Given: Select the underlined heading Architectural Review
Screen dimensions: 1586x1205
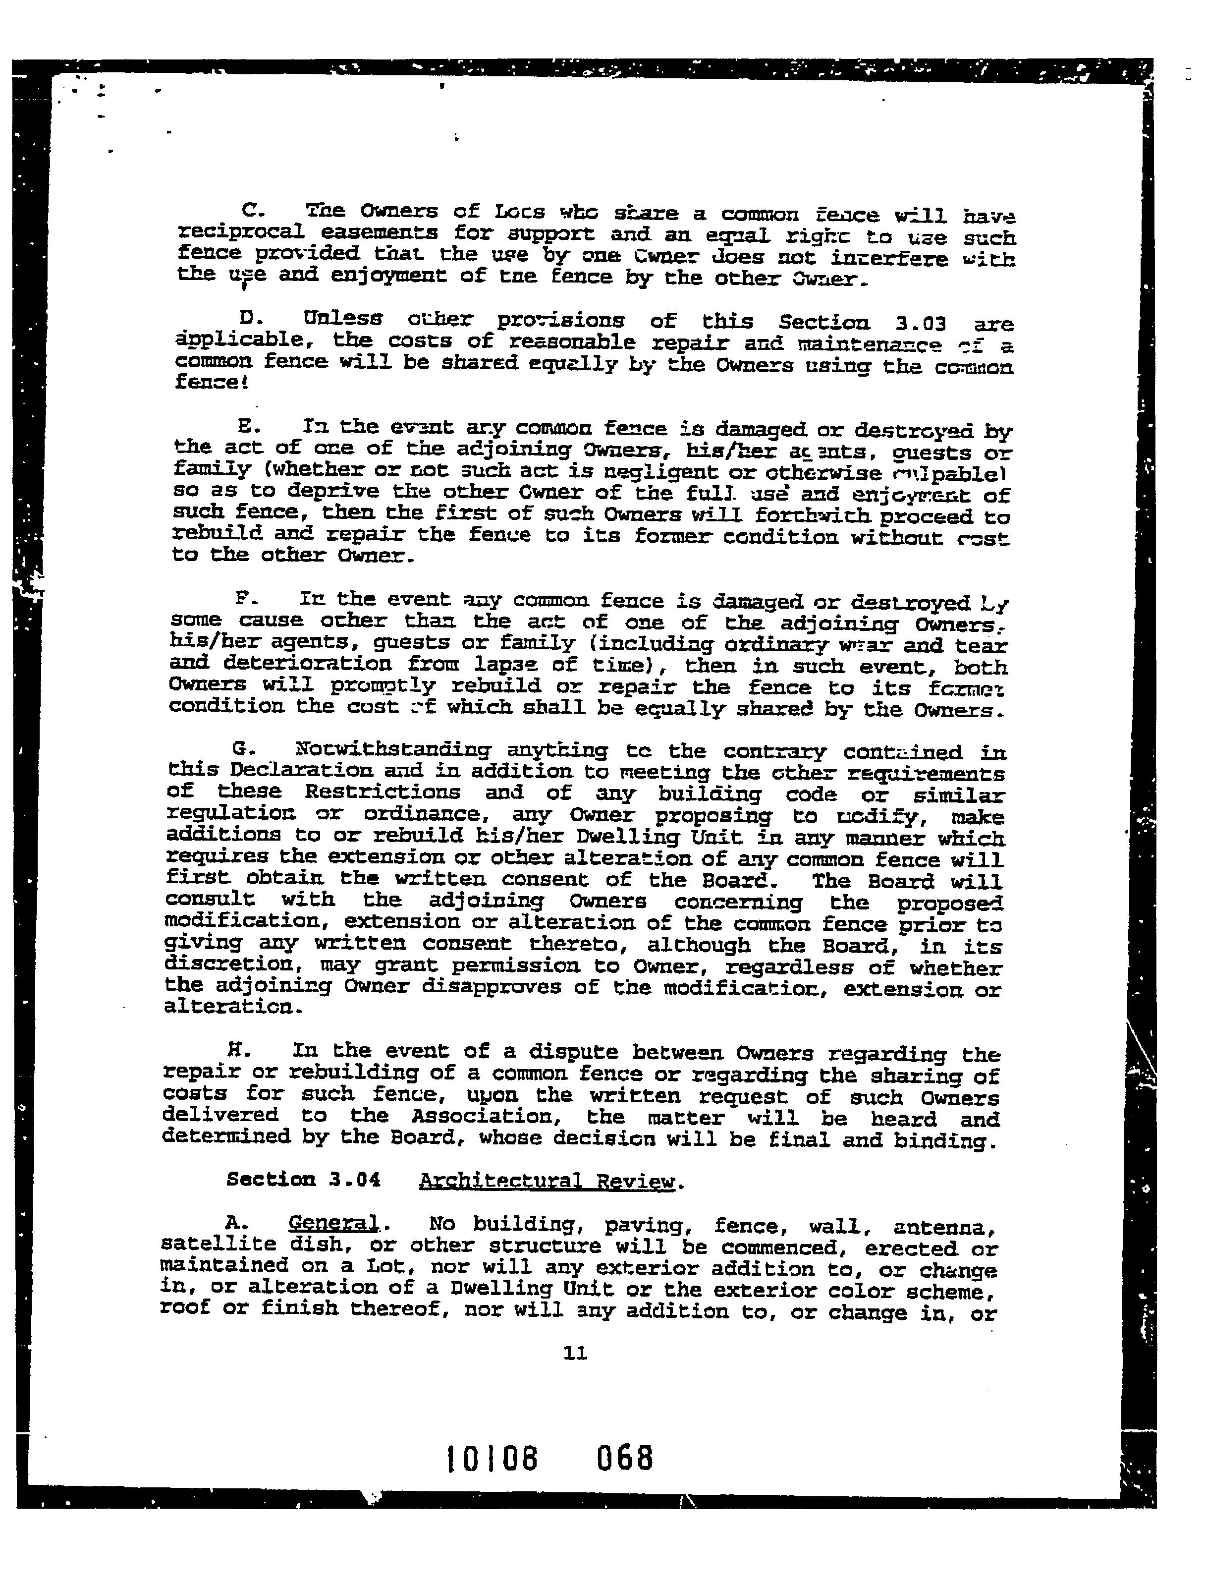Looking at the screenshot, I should tap(547, 1182).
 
